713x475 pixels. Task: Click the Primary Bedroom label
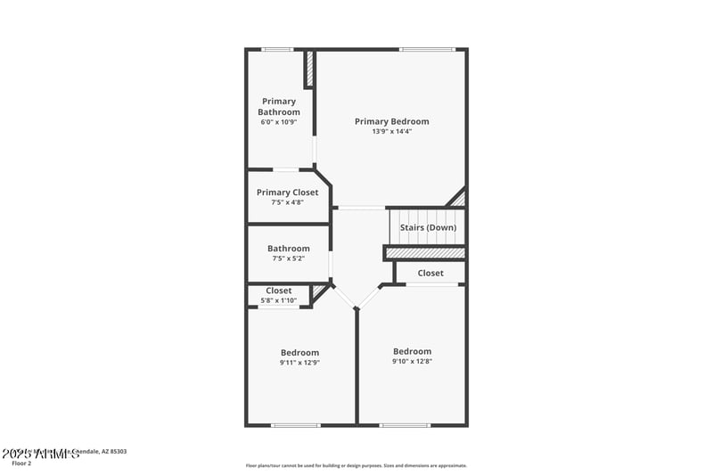tap(391, 121)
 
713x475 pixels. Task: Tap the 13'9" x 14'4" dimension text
tap(391, 132)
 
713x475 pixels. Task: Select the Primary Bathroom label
tap(279, 107)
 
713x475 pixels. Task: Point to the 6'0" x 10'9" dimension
tap(279, 122)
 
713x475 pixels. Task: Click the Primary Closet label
tap(287, 192)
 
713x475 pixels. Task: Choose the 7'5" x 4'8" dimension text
tap(287, 202)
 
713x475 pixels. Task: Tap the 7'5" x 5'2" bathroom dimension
tap(289, 258)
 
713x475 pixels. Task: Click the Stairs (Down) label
tap(428, 227)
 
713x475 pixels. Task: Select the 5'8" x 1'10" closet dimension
tap(279, 300)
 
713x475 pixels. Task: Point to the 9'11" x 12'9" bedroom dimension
tap(299, 363)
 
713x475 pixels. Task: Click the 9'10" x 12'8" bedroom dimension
tap(412, 361)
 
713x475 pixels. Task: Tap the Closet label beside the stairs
tap(430, 273)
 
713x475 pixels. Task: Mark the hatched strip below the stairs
tap(425, 253)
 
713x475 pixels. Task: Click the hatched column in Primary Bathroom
tap(309, 69)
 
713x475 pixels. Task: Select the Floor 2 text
tap(21, 463)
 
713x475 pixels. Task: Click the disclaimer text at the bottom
tap(356, 465)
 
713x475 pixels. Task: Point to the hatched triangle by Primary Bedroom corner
tap(458, 199)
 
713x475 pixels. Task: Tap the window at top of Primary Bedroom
tap(427, 49)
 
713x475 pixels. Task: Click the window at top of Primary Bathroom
tap(277, 49)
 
